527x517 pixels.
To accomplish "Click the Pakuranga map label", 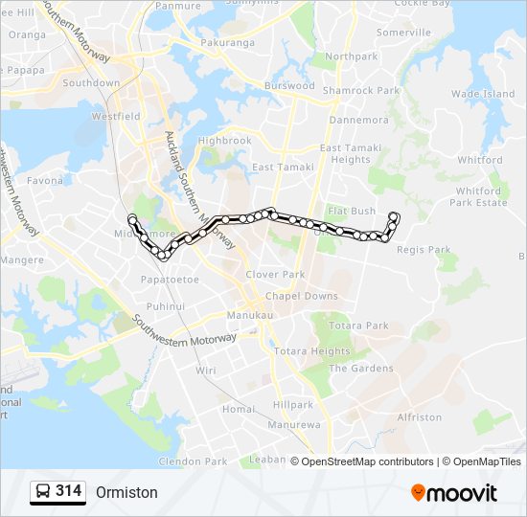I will (x=228, y=43).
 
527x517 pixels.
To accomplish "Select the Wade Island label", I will (x=482, y=94).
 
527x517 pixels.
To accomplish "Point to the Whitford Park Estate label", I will (x=478, y=196).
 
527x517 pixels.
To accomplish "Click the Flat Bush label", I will (x=351, y=211).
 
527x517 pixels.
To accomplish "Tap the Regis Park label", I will (x=424, y=250).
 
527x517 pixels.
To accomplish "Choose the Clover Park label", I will (x=274, y=274).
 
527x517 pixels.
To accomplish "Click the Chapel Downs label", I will (x=302, y=296).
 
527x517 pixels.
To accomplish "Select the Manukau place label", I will (x=250, y=315).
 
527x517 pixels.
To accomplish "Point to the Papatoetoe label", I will (x=169, y=280).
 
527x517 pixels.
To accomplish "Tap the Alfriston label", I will (x=419, y=417).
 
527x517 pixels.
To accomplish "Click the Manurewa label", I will (x=293, y=424).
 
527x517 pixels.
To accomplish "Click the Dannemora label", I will (x=358, y=121).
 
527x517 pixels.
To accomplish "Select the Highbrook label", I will (x=224, y=141).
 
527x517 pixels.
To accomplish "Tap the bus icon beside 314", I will (x=43, y=492).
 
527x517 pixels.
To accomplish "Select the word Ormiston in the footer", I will (x=126, y=493).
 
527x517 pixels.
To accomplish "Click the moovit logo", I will (x=454, y=493).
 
